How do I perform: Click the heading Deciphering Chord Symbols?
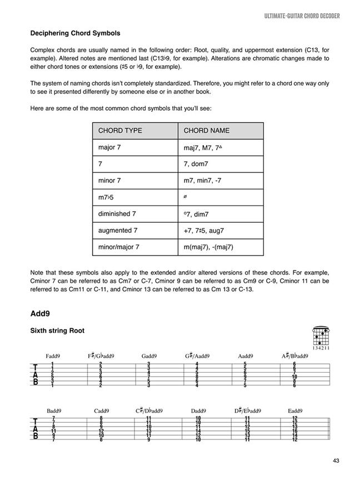75,33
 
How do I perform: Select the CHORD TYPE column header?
120,131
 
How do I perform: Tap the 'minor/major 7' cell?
119,247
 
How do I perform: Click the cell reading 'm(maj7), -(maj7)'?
208,247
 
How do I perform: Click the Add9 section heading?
41,313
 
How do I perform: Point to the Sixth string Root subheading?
57,331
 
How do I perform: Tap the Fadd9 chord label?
53,356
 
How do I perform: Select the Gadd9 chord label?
149,356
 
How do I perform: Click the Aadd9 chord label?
246,356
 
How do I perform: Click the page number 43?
337,460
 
